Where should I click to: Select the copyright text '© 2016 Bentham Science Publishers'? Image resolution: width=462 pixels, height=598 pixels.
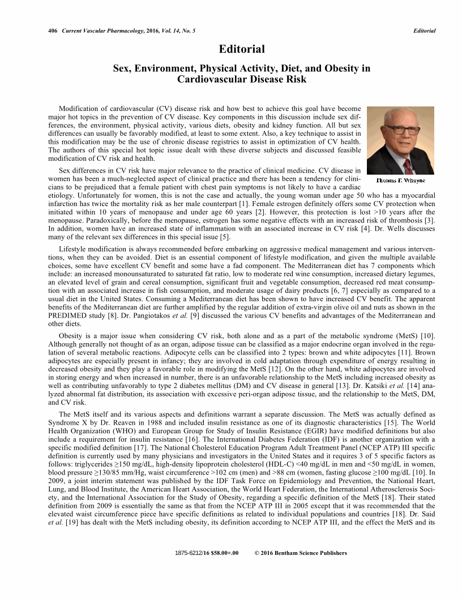pos(298,552)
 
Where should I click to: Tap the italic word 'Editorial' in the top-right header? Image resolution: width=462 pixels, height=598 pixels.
pos(424,31)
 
